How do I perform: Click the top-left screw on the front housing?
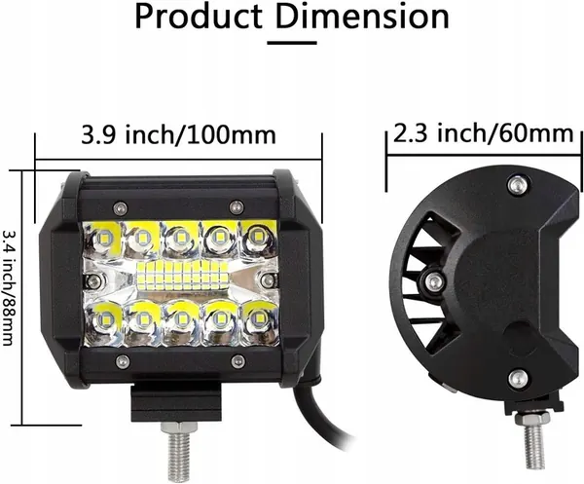pyautogui.click(x=119, y=205)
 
